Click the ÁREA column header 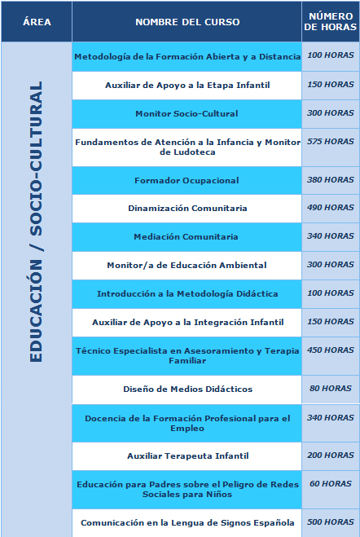37,22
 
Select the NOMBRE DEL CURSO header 187,22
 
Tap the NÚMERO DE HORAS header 331,22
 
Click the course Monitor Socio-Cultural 187,113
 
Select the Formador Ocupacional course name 187,180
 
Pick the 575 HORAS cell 331,141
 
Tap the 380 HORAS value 331,179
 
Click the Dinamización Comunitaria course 187,209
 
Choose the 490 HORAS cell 331,208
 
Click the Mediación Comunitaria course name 187,237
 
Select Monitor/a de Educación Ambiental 187,266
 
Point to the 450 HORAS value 331,350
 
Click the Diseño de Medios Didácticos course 187,390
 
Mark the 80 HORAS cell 331,389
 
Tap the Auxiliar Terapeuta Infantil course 187,456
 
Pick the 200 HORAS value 331,455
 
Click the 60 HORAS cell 331,483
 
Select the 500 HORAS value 331,522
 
